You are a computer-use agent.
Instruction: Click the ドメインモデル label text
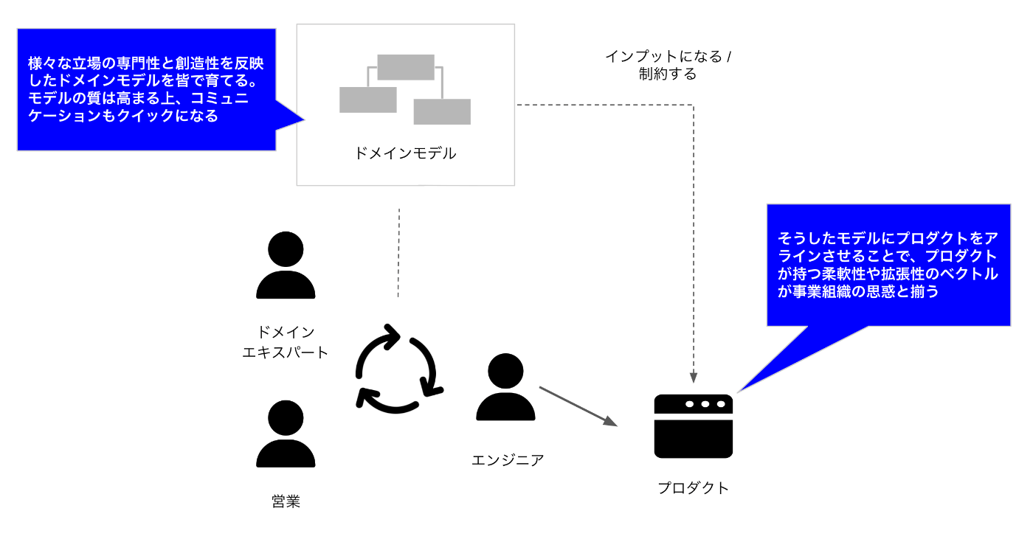coord(405,153)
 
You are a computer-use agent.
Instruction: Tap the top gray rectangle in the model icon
coord(405,67)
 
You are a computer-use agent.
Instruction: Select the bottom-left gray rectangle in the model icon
coord(367,100)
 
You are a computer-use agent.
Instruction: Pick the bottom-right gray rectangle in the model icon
coord(442,111)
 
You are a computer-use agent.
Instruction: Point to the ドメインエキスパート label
coord(286,342)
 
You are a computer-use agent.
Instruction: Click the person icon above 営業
coord(286,434)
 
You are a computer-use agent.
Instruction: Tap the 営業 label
coord(286,502)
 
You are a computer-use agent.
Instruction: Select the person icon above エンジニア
coord(505,387)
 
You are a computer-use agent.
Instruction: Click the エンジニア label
coord(508,460)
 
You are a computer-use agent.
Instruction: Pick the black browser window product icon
coord(693,426)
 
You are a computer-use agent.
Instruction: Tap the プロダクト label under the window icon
coord(693,487)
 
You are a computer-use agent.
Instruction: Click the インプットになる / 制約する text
coord(668,65)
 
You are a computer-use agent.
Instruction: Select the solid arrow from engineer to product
coord(578,406)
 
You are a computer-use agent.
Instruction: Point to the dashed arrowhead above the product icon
coord(694,377)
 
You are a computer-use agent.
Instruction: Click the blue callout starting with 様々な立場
coord(146,89)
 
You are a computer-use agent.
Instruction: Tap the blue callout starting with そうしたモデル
coord(888,265)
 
